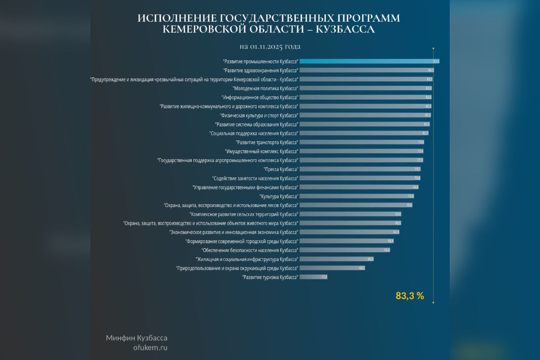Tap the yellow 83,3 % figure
[x=410, y=296]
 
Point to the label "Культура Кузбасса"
[x=279, y=196]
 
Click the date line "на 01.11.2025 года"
[x=270, y=46]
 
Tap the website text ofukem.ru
[x=150, y=348]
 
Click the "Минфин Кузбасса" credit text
[x=137, y=338]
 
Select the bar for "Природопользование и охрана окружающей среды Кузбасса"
[x=332, y=268]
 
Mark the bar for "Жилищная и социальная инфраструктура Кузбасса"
[x=337, y=259]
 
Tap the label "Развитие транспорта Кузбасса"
[x=267, y=142]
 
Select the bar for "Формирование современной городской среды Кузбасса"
[x=346, y=241]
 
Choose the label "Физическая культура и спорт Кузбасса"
[x=259, y=115]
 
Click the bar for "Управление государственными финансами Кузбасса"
[x=359, y=187]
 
